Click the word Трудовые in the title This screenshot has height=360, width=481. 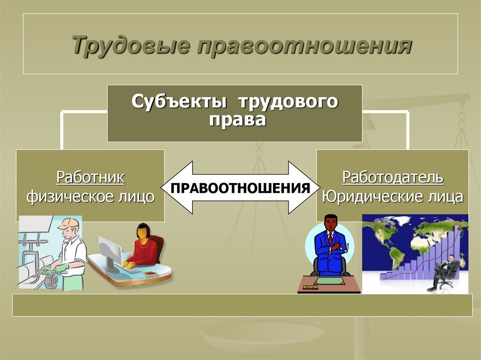tap(131, 46)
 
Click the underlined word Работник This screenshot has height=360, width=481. tap(91, 177)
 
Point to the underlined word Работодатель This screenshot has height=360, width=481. tap(392, 177)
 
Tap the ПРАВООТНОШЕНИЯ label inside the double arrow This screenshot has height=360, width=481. tap(240, 188)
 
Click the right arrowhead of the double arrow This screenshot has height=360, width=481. tap(307, 188)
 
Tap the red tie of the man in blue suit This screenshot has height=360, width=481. tap(330, 238)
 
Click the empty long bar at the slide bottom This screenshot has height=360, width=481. tap(242, 306)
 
